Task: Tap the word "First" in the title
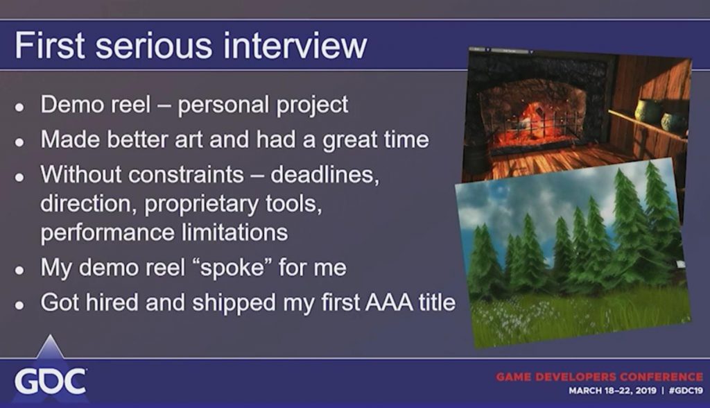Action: tap(50, 45)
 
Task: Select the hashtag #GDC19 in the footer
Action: tap(686, 391)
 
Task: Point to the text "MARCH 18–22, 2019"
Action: tap(612, 391)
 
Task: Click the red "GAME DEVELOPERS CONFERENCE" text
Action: tap(600, 377)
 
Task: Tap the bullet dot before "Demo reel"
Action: tap(19, 108)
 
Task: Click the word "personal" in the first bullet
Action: tap(223, 105)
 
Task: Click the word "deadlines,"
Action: tap(324, 175)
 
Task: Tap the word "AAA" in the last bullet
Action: tap(389, 303)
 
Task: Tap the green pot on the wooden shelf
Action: tap(644, 111)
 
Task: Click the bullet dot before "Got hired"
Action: tap(19, 305)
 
